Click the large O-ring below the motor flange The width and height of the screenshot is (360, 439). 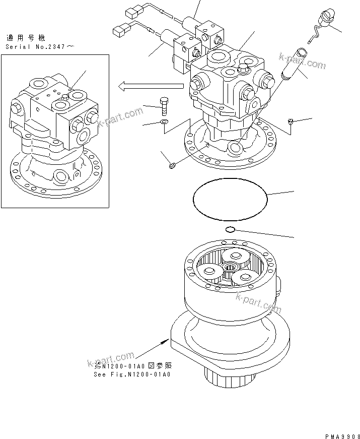pos(231,201)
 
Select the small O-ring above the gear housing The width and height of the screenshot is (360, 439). pos(230,230)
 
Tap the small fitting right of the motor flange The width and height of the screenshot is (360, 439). pos(291,121)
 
